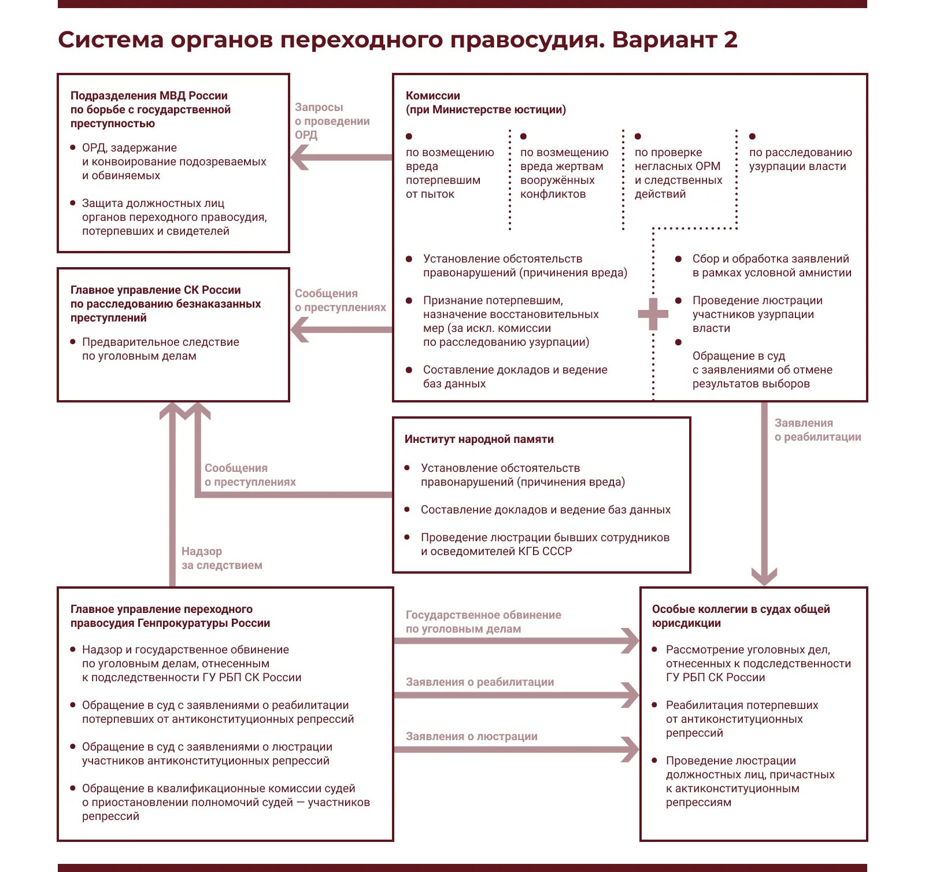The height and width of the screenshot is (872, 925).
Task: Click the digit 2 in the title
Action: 730,40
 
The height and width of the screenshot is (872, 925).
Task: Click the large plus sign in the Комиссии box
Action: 653,314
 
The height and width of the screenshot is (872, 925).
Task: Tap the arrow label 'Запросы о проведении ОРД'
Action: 332,121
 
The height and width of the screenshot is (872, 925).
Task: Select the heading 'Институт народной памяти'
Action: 479,439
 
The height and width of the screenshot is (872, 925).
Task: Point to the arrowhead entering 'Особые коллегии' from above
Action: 764,576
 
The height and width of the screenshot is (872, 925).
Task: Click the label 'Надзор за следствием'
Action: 221,559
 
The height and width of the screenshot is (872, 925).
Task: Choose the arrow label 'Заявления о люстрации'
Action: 471,736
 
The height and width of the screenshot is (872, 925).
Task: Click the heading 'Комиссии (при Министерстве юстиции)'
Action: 486,103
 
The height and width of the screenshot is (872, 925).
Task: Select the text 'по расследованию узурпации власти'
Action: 800,160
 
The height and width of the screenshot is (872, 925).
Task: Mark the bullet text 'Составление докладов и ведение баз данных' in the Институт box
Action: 545,510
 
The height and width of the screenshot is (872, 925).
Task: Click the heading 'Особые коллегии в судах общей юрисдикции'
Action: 741,616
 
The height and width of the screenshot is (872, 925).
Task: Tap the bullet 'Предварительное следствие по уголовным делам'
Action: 160,349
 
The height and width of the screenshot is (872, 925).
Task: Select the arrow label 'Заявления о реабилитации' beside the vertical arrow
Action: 817,430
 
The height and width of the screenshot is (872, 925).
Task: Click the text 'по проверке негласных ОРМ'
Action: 678,160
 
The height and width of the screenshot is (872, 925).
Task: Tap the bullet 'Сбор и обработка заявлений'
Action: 771,266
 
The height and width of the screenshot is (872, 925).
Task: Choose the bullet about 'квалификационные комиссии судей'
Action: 225,802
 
